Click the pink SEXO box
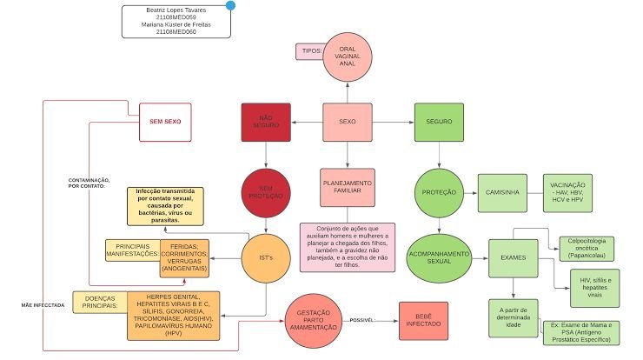tap(348, 122)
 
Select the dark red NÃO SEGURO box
tap(265, 122)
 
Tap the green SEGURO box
tap(439, 122)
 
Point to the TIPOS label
tap(310, 50)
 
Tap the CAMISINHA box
tap(501, 192)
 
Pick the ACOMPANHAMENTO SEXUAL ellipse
tap(439, 257)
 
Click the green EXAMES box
tap(513, 257)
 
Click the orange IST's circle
tap(265, 258)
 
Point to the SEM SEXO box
tap(165, 122)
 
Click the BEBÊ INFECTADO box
tap(423, 320)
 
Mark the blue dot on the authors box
tap(230, 5)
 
